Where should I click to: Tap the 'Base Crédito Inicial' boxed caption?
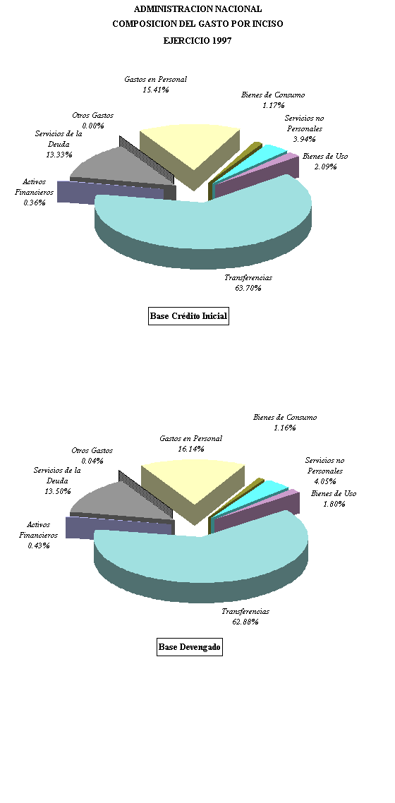tap(188, 316)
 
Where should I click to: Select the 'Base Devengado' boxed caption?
tap(189, 647)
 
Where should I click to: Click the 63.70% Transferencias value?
tap(248, 289)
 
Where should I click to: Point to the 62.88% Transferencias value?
tap(245, 622)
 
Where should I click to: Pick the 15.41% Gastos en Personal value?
tap(156, 90)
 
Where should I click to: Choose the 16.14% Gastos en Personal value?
tap(191, 449)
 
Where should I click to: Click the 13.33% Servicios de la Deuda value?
tap(59, 155)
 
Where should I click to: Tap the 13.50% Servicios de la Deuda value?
tap(57, 492)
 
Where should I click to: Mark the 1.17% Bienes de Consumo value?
tap(273, 106)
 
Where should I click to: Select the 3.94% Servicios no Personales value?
tap(305, 139)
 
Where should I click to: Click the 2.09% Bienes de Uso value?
tap(325, 167)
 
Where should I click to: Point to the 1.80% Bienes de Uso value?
tap(334, 504)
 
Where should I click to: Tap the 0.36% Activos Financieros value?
tap(35, 203)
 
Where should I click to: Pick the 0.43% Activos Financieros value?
tap(39, 546)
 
